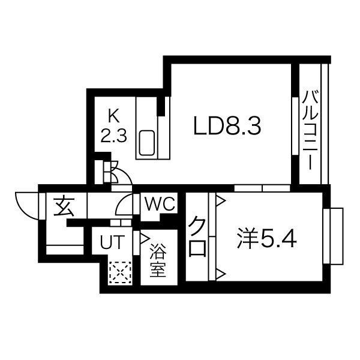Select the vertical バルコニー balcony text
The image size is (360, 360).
pyautogui.click(x=310, y=129)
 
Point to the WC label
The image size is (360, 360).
pyautogui.click(x=159, y=205)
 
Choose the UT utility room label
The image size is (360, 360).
pyautogui.click(x=112, y=243)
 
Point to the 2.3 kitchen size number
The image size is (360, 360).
pyautogui.click(x=113, y=135)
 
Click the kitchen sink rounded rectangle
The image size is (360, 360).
pyautogui.click(x=148, y=144)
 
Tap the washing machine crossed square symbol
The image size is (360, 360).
pyautogui.click(x=120, y=274)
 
